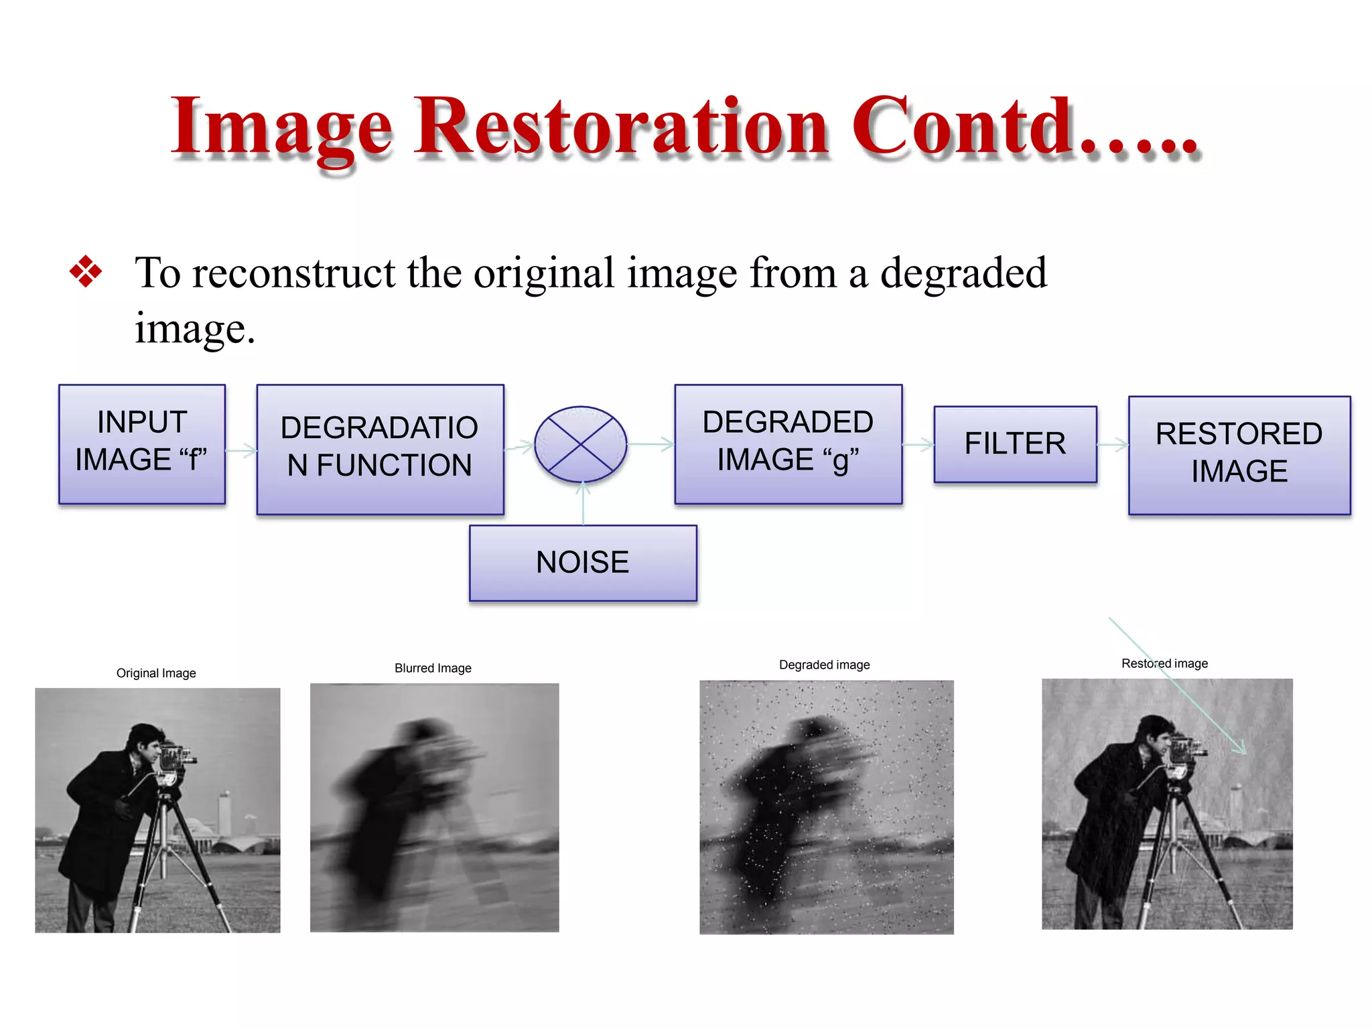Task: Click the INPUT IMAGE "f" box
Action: [x=142, y=443]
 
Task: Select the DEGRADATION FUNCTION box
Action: [x=380, y=449]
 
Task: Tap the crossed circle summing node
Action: [x=581, y=444]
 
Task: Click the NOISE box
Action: [x=583, y=563]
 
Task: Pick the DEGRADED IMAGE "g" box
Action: [x=788, y=443]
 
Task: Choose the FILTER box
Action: [x=1015, y=443]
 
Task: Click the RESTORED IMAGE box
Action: [x=1239, y=455]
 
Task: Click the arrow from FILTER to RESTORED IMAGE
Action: [x=1113, y=444]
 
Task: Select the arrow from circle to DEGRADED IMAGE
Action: [x=650, y=444]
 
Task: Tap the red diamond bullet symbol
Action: [x=86, y=272]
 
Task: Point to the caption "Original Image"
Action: [x=156, y=673]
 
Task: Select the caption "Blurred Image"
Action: [x=433, y=668]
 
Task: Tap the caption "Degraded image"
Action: [x=824, y=665]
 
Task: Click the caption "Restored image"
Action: [x=1164, y=663]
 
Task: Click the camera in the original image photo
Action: [x=175, y=758]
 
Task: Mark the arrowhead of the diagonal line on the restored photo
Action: [x=1243, y=750]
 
